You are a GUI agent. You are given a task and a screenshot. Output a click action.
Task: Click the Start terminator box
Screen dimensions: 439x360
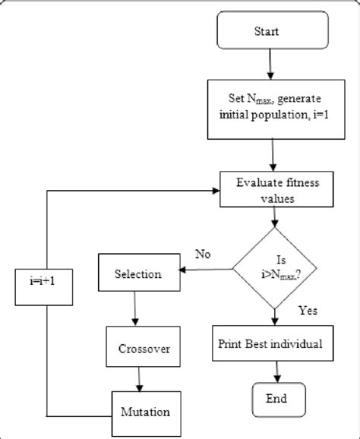[x=272, y=33]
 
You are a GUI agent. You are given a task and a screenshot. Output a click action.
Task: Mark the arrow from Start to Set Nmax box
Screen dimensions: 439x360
[x=272, y=66]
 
